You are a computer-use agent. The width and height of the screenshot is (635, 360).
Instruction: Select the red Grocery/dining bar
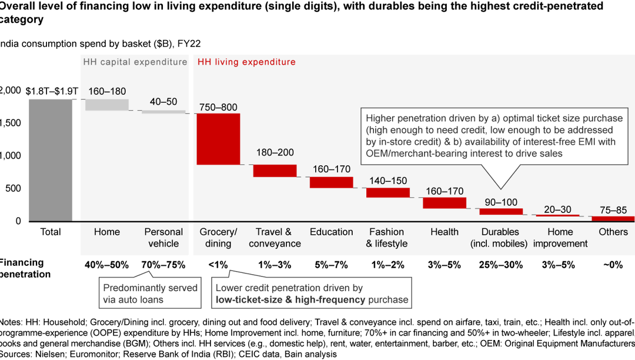[218, 139]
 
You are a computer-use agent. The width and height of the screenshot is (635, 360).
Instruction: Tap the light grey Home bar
[106, 105]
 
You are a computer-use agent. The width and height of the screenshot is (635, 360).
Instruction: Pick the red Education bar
[332, 182]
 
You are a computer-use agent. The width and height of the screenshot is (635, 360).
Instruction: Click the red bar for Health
[444, 203]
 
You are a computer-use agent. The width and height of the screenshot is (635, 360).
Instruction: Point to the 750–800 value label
[218, 107]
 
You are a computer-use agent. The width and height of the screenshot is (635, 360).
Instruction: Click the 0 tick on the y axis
[18, 221]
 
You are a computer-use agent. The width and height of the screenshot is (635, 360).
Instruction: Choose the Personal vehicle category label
[163, 238]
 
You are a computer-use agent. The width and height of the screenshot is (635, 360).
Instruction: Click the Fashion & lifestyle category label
[387, 238]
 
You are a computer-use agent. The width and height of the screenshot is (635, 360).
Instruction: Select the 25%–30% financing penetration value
[501, 265]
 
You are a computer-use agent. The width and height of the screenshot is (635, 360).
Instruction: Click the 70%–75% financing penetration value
[163, 265]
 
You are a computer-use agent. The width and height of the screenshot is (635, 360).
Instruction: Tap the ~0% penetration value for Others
[613, 265]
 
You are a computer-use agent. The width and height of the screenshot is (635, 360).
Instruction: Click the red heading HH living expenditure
[247, 62]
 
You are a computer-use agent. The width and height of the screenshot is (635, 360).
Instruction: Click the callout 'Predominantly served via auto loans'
[151, 294]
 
